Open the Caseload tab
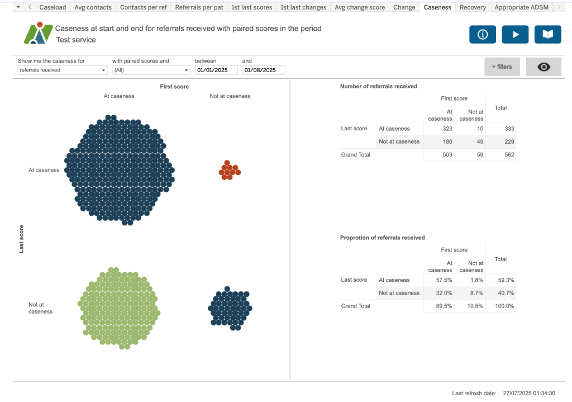coord(53,7)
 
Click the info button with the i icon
coord(483,35)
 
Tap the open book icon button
coord(547,35)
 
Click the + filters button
coord(502,67)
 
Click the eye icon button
coord(543,67)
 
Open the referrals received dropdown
coord(62,70)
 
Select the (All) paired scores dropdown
coord(151,70)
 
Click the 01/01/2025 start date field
coord(216,70)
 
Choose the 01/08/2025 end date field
coord(263,70)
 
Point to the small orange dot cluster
coord(229,170)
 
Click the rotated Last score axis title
coord(22,239)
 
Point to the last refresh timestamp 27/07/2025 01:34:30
coord(528,393)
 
